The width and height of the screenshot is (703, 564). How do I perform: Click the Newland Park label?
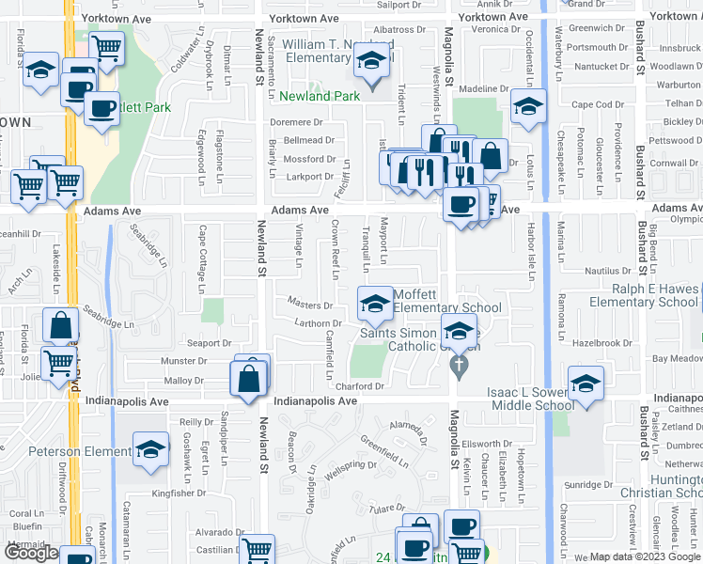pyautogui.click(x=320, y=96)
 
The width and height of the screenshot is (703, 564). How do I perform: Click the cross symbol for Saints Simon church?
pyautogui.click(x=459, y=366)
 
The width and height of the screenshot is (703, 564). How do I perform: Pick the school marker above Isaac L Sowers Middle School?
pyautogui.click(x=585, y=384)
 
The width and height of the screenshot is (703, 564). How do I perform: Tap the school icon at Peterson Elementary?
pyautogui.click(x=149, y=449)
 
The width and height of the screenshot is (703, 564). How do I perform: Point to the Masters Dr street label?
pyautogui.click(x=310, y=305)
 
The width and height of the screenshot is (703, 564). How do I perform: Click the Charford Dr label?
pyautogui.click(x=361, y=385)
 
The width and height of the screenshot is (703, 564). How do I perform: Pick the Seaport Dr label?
pyautogui.click(x=209, y=343)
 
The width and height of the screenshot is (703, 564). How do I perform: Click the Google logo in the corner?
pyautogui.click(x=31, y=553)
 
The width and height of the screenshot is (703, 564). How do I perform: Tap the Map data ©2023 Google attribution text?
pyautogui.click(x=644, y=556)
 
